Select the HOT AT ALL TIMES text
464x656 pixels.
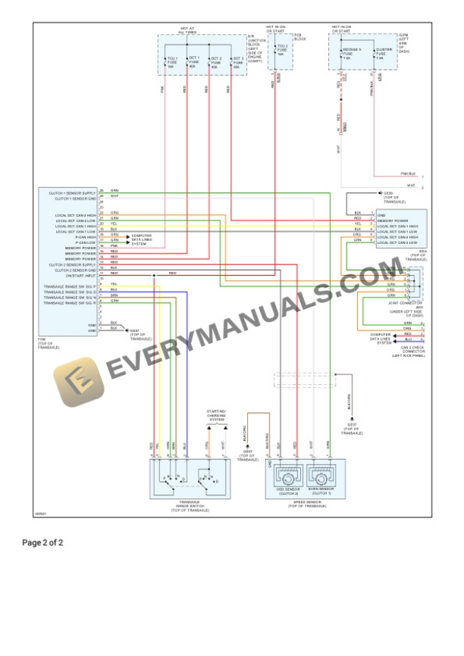[187, 30]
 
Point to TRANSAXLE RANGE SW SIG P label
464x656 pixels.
[70, 286]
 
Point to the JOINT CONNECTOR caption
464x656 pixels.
[408, 304]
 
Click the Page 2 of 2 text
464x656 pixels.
[42, 542]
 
